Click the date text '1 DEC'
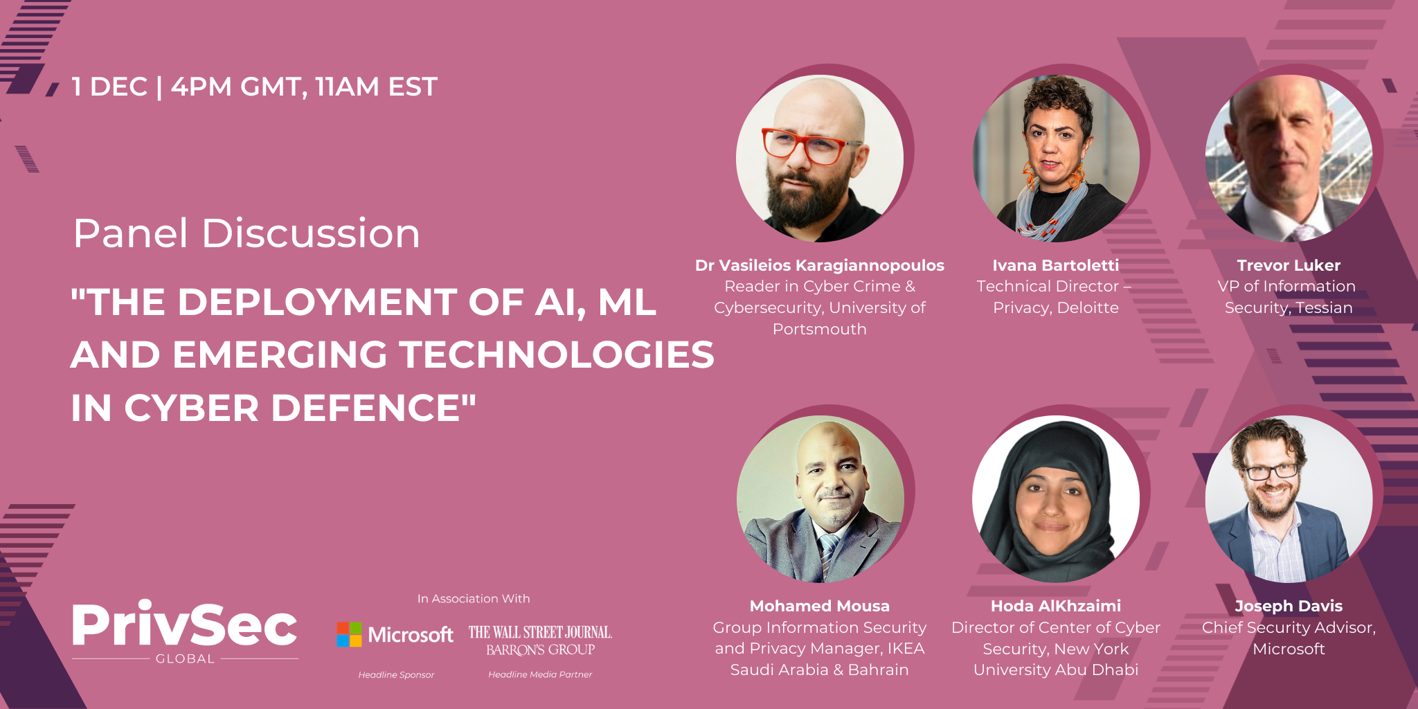tap(110, 87)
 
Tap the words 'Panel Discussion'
tap(246, 233)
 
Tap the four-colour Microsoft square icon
tap(349, 634)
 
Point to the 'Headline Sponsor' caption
tap(396, 674)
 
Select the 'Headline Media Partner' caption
tap(540, 674)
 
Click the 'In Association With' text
tap(474, 598)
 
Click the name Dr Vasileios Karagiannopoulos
tap(820, 265)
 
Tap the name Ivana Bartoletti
tap(1056, 265)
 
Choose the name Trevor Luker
tap(1289, 265)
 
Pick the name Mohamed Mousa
tap(820, 606)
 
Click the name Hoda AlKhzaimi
tap(1056, 606)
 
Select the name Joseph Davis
tap(1289, 606)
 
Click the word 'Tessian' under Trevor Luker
tap(1324, 307)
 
